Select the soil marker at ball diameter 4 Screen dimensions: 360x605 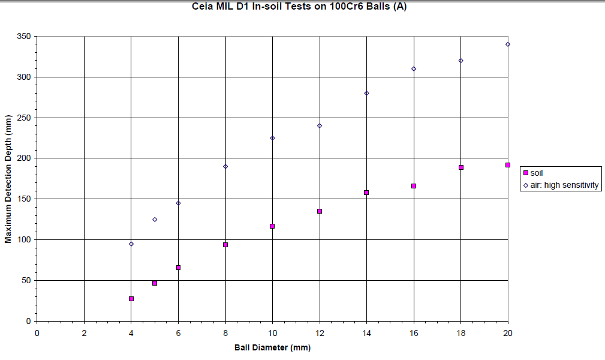coord(131,299)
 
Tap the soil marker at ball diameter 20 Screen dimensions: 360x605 coord(508,165)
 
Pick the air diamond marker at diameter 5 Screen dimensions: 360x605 coord(155,220)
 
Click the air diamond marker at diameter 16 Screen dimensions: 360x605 coord(414,69)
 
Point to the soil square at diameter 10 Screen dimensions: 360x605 coord(272,226)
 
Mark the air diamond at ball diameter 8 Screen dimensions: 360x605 coord(225,166)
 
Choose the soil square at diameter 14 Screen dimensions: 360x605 coord(366,193)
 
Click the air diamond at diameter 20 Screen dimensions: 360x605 coord(508,44)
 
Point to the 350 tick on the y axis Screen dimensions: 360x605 coord(25,37)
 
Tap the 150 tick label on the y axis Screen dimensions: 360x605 coord(25,199)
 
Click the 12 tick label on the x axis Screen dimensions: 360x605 coord(320,333)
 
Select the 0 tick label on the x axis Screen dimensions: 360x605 coord(37,333)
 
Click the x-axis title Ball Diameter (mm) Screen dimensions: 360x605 coord(272,347)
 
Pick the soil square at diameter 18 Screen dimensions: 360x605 coord(461,167)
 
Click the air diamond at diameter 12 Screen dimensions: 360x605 coord(320,126)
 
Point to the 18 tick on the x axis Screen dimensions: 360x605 coord(461,333)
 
